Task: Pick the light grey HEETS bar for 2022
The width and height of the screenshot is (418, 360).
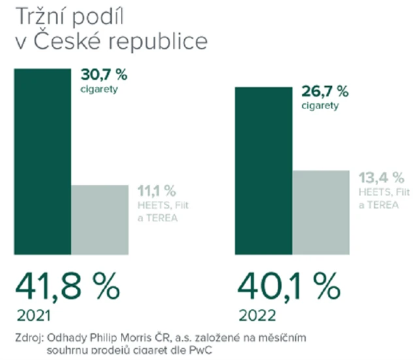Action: pyautogui.click(x=320, y=213)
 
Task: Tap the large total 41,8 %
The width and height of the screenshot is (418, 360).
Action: pyautogui.click(x=67, y=285)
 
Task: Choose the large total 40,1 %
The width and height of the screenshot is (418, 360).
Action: pyautogui.click(x=287, y=285)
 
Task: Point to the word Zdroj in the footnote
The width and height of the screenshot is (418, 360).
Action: pyautogui.click(x=29, y=338)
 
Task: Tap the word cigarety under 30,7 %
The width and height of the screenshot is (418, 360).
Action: pyautogui.click(x=100, y=90)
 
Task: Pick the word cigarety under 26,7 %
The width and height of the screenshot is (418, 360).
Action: pyautogui.click(x=320, y=106)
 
